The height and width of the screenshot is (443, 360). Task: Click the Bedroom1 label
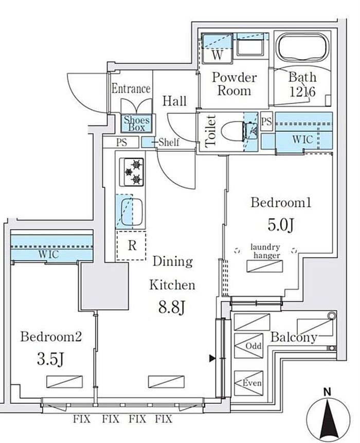(x=281, y=203)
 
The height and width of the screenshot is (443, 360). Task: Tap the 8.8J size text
(x=172, y=307)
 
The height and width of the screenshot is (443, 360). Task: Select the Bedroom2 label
(x=51, y=337)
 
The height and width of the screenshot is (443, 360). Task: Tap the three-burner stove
(x=132, y=172)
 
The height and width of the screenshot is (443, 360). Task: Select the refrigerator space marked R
(x=131, y=245)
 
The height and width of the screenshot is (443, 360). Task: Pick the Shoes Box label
(x=137, y=123)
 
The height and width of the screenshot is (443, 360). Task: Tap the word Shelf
(x=169, y=142)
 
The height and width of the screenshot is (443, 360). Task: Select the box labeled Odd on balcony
(x=248, y=346)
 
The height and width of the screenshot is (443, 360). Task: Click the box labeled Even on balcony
(x=248, y=383)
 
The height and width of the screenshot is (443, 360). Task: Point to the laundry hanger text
(x=266, y=251)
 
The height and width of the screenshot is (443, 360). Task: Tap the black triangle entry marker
(x=212, y=359)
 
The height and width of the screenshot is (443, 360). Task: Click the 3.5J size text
(x=50, y=359)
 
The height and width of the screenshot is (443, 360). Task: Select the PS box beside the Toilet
(x=266, y=121)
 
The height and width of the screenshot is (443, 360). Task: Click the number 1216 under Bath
(x=302, y=92)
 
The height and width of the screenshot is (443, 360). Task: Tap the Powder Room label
(x=234, y=84)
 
